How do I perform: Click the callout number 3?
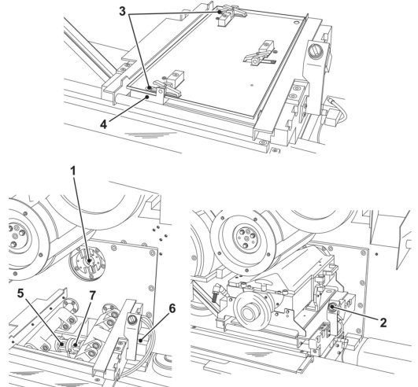coord(122,12)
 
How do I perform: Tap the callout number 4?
coord(103,124)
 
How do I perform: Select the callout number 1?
coord(72,171)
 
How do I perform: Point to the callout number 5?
coord(20,293)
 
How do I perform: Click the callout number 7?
coord(92,295)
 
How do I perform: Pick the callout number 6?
coord(172,308)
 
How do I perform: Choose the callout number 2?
coord(383,322)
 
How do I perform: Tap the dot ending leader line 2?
coord(332,307)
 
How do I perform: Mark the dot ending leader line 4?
coord(147,98)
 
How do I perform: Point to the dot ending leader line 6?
coord(140,340)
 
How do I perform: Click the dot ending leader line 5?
coord(62,344)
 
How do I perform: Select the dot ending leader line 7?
coord(76,345)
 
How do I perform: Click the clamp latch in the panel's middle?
coord(258,56)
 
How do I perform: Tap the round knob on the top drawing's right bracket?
coord(314,50)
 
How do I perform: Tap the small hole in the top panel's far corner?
coord(296,21)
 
